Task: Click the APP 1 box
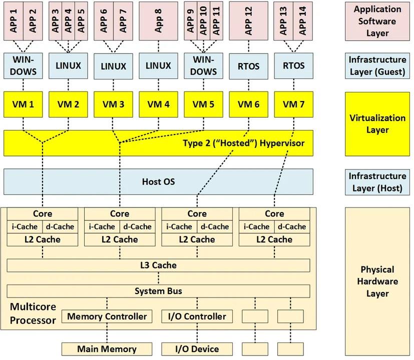pyautogui.click(x=14, y=20)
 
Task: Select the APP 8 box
pyautogui.click(x=158, y=20)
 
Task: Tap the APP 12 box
pyautogui.click(x=248, y=20)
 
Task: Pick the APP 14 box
pyautogui.click(x=303, y=20)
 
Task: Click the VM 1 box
pyautogui.click(x=23, y=104)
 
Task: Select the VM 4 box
pyautogui.click(x=158, y=104)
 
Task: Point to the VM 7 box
pyautogui.click(x=293, y=104)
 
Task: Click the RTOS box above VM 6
pyautogui.click(x=248, y=65)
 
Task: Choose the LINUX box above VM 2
pyautogui.click(x=68, y=65)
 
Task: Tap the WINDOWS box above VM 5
pyautogui.click(x=203, y=65)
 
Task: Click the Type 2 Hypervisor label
pyautogui.click(x=243, y=143)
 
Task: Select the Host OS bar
pyautogui.click(x=158, y=181)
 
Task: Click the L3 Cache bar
pyautogui.click(x=158, y=265)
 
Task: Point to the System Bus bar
pyautogui.click(x=158, y=291)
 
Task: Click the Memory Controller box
pyautogui.click(x=107, y=316)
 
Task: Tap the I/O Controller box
pyautogui.click(x=196, y=316)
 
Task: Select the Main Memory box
pyautogui.click(x=107, y=349)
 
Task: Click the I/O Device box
pyautogui.click(x=196, y=349)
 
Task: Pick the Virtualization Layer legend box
pyautogui.click(x=377, y=124)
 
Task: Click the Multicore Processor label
pyautogui.click(x=33, y=313)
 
